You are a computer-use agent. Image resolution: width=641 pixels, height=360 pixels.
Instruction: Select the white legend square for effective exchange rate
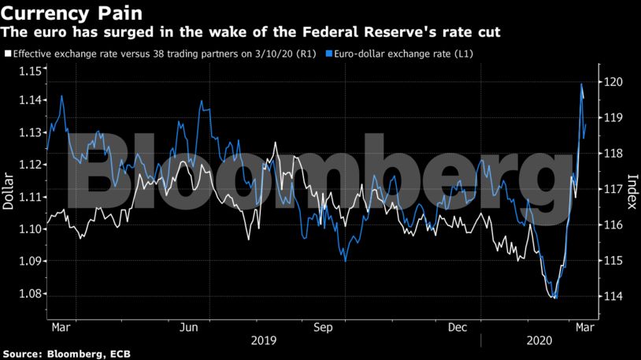(8, 54)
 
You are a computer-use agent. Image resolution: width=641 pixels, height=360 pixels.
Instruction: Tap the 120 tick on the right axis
(613, 82)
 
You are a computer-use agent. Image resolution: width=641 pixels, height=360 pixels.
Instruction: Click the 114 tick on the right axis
(613, 296)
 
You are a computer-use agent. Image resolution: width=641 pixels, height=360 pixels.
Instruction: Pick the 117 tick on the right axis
(613, 189)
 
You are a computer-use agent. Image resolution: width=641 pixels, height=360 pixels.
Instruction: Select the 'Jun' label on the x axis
(189, 326)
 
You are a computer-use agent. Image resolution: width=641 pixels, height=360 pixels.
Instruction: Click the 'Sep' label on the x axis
(323, 326)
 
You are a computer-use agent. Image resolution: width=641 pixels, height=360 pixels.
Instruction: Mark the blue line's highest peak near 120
(581, 84)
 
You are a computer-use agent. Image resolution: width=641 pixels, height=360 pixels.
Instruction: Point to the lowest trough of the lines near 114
(555, 298)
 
